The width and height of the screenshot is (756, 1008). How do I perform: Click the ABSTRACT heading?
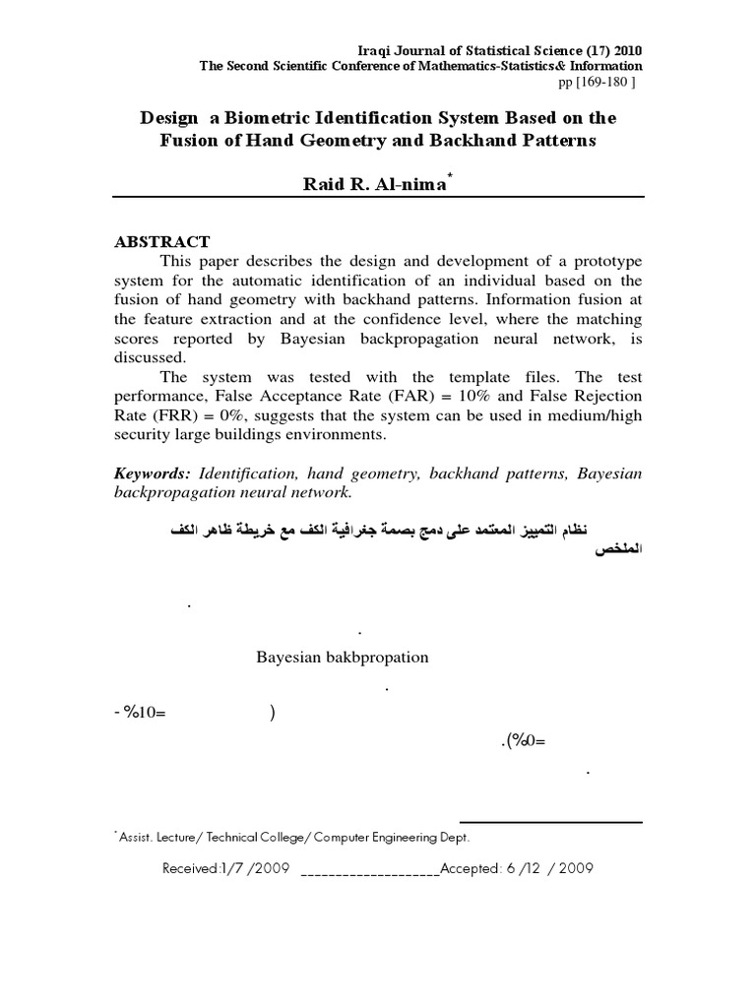pos(162,242)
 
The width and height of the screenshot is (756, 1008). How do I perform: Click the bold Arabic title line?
pos(401,531)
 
